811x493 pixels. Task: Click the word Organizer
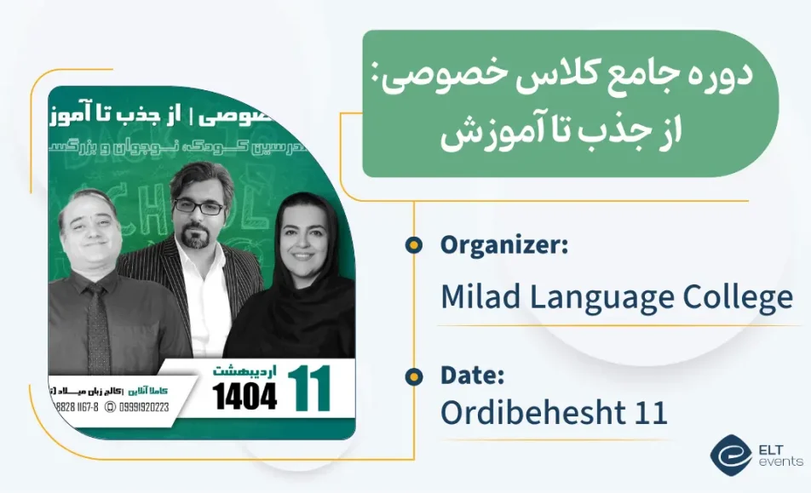[x=503, y=246]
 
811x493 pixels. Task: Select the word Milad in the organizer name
[x=475, y=297]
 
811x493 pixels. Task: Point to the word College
[x=738, y=297]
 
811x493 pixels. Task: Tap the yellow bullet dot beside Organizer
[x=414, y=246]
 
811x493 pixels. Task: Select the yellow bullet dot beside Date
[x=414, y=375]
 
